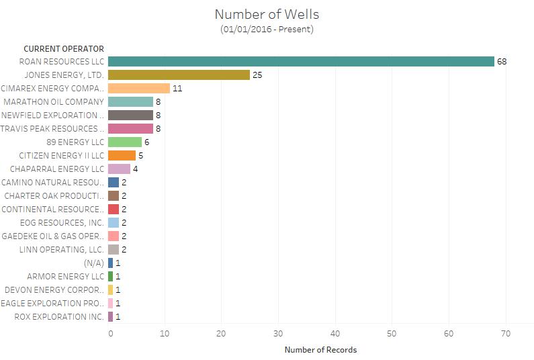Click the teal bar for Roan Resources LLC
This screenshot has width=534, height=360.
(x=301, y=61)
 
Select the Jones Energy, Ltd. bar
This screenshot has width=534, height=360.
(x=179, y=75)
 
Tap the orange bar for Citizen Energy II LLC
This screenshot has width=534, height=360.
(x=122, y=155)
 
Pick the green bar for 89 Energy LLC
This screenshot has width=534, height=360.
(x=125, y=142)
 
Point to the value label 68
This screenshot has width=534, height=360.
(x=501, y=61)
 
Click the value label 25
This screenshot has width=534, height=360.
(x=257, y=75)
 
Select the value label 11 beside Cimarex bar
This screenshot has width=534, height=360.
(x=177, y=88)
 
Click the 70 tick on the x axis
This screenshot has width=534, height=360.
(x=506, y=333)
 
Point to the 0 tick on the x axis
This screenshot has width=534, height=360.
(x=111, y=333)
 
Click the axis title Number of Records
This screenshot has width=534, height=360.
(x=320, y=350)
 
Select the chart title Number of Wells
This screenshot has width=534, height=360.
(x=267, y=14)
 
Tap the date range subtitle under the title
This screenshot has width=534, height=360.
(x=267, y=29)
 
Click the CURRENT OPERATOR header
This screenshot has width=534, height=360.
(x=64, y=48)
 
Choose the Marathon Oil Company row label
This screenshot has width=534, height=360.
(x=54, y=101)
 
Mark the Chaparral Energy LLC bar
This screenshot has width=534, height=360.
(x=119, y=169)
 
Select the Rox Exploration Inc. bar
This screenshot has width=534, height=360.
(x=110, y=316)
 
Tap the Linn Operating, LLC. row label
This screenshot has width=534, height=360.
(x=62, y=249)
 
